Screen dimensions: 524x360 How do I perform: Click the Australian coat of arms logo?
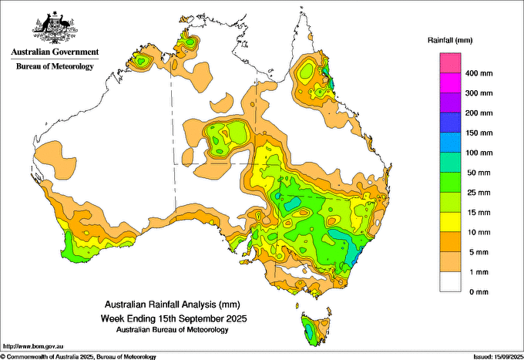(x=55, y=28)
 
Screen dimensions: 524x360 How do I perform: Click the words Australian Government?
(x=55, y=52)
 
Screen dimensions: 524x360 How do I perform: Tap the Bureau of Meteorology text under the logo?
(x=55, y=66)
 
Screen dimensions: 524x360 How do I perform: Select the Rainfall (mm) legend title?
(x=450, y=40)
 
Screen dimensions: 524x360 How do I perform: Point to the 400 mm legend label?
(x=479, y=73)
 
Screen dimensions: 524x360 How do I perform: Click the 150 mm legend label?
(x=479, y=133)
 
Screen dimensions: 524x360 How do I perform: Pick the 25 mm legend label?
(x=479, y=193)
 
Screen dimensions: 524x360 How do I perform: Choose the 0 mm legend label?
(x=479, y=292)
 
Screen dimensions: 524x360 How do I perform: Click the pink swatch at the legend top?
(x=450, y=63)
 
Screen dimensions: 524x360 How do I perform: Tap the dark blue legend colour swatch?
(x=450, y=123)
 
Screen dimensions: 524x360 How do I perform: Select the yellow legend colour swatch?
(x=450, y=222)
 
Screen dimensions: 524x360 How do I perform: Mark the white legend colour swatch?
(x=450, y=282)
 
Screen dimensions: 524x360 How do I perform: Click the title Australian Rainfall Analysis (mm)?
(x=173, y=304)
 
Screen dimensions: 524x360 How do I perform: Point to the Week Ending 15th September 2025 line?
(x=174, y=318)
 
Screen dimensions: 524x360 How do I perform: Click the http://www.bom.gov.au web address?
(x=32, y=346)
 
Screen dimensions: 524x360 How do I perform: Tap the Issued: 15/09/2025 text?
(x=499, y=357)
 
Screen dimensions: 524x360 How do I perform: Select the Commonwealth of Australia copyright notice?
(x=78, y=357)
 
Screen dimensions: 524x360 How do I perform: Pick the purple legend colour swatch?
(x=450, y=103)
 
